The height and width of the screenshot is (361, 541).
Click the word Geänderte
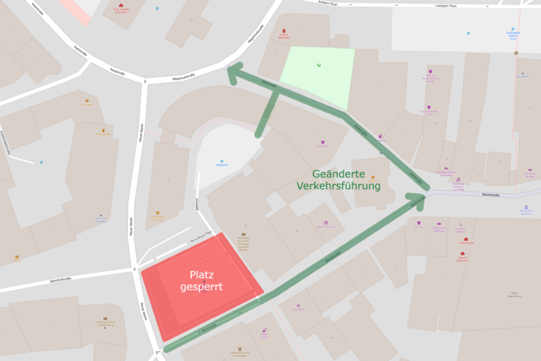point(347,174)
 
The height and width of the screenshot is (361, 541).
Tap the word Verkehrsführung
point(339,187)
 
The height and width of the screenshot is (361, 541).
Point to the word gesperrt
point(202,287)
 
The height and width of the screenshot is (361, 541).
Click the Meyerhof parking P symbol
point(221,160)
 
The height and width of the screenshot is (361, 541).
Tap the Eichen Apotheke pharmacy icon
point(284,30)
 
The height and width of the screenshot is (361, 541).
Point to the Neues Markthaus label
point(515,294)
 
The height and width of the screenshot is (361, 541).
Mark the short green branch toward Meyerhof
point(266,115)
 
